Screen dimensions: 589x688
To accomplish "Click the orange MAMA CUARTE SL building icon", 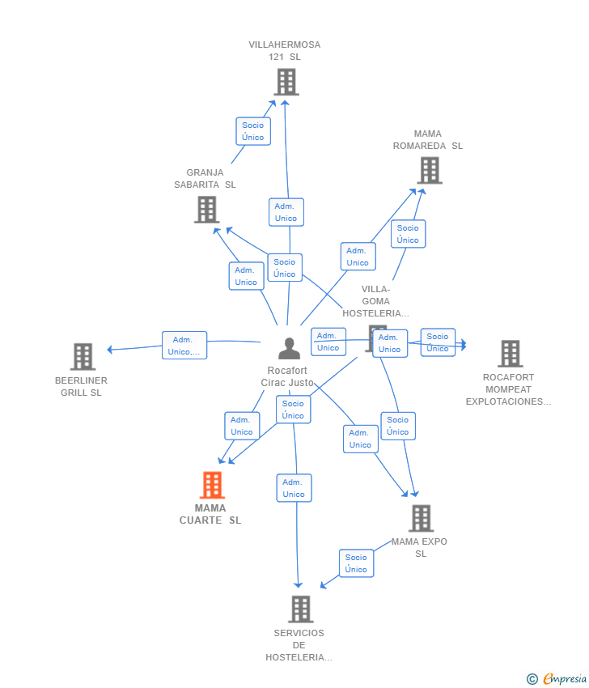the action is tap(212, 485).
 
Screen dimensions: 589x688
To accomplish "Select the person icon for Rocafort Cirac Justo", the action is tap(289, 348).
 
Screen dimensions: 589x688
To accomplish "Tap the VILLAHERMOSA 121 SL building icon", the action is tap(286, 82).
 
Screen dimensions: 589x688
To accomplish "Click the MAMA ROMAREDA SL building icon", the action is tap(430, 170).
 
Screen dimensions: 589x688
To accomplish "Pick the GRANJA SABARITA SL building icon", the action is tap(207, 210).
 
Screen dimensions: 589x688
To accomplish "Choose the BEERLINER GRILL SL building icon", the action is tap(83, 356).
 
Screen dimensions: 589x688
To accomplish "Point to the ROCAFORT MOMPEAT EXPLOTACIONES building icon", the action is tap(511, 354).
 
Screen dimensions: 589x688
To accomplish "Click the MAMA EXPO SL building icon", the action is tap(421, 518).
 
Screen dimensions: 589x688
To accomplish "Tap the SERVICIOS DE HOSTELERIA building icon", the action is tap(301, 609).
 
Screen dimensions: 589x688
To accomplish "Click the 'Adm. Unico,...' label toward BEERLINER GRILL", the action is tap(184, 346).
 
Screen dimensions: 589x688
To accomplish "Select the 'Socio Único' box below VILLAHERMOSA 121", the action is tap(253, 131).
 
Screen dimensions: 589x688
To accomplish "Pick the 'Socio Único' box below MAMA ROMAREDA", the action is tap(408, 234).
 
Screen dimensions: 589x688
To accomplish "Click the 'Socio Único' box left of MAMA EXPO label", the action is tap(356, 563).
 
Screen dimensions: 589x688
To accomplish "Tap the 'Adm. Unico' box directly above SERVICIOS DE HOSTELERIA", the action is tap(294, 488).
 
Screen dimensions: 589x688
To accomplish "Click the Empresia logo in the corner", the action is tap(565, 679).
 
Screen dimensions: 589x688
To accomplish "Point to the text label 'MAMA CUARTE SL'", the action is tap(210, 514).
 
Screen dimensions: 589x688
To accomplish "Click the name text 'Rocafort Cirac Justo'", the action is tap(287, 376).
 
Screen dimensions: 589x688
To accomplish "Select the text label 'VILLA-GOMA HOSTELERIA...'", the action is tap(376, 301).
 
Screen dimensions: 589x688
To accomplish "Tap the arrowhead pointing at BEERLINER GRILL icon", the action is tap(110, 350).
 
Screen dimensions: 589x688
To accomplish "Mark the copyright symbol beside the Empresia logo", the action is tap(532, 679).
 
